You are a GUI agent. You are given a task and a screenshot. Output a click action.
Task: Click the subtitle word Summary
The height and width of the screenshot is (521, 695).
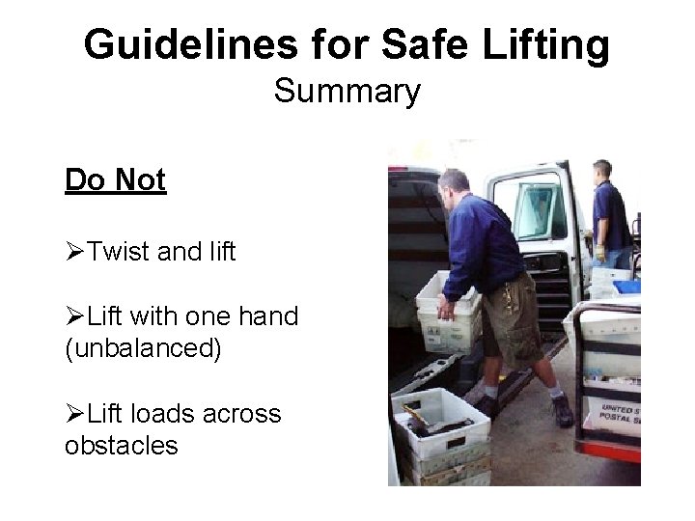click(x=347, y=92)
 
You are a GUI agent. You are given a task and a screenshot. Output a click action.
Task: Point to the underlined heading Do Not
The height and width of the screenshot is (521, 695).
click(x=116, y=180)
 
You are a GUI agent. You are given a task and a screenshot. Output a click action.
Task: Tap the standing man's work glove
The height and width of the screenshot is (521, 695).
click(x=601, y=257)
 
